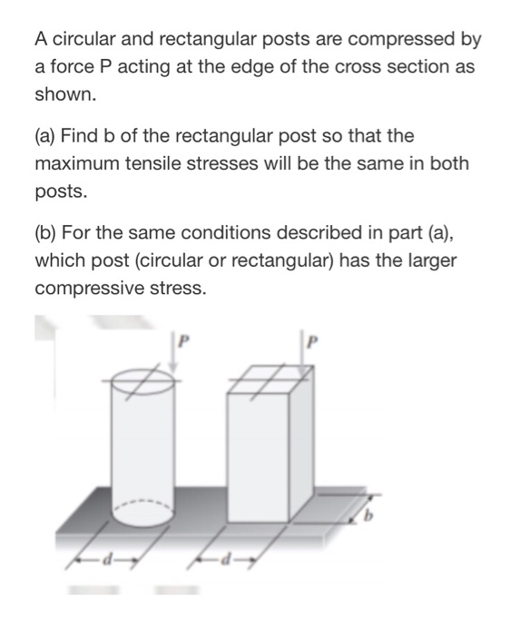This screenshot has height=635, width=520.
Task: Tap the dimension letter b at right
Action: [368, 517]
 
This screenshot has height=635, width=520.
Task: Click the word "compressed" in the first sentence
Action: [402, 40]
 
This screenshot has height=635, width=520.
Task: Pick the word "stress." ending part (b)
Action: [174, 289]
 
